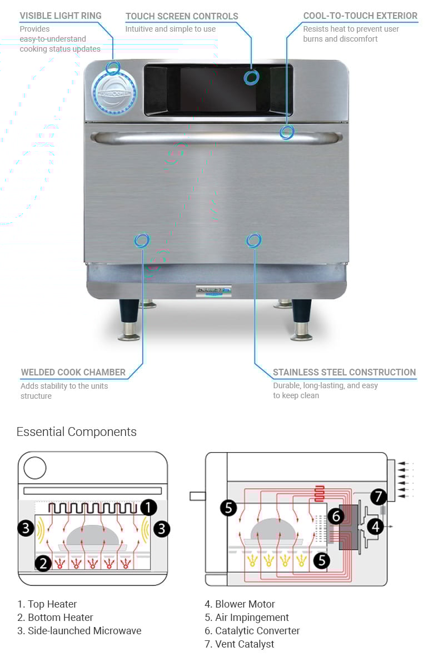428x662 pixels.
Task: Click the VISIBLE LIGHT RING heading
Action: [x=61, y=16]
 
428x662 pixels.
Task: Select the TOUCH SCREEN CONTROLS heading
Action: [x=182, y=16]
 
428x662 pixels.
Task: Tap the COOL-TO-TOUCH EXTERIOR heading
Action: [x=360, y=16]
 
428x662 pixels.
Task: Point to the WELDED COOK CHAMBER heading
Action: [x=73, y=372]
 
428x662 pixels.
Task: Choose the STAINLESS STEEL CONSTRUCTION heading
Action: [x=344, y=372]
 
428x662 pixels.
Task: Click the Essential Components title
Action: [x=76, y=432]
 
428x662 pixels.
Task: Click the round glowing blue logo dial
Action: [x=114, y=93]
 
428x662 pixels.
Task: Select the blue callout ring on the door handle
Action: [x=287, y=132]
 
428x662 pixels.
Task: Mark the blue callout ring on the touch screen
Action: [x=251, y=77]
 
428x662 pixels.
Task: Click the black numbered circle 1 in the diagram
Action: [x=148, y=506]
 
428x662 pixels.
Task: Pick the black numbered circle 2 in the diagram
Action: [x=43, y=563]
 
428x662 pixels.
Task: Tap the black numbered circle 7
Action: [x=378, y=496]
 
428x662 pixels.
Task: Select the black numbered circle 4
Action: [x=376, y=525]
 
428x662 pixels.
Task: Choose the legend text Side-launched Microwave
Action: [x=79, y=630]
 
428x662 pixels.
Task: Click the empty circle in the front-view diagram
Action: [x=35, y=468]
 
